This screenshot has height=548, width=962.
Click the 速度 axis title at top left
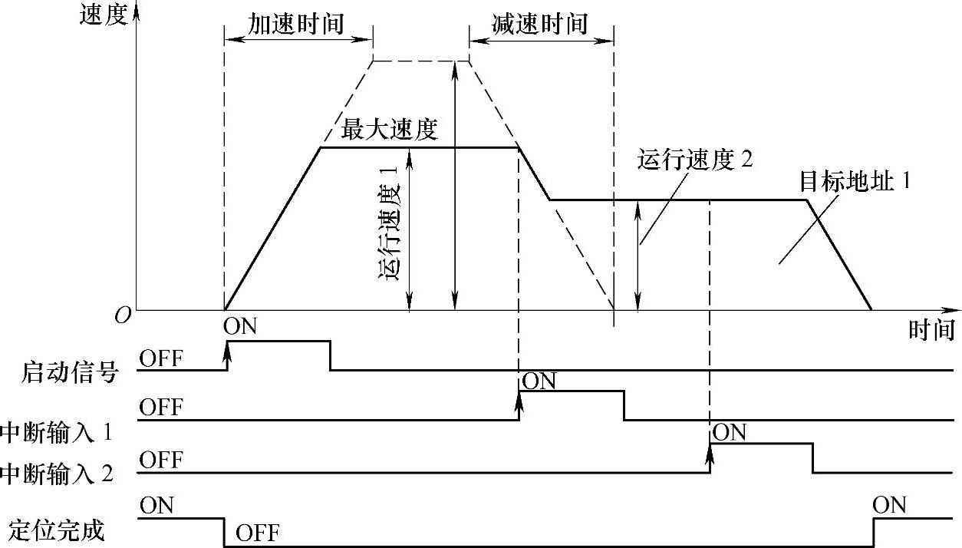pos(102,16)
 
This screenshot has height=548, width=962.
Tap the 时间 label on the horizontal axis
pos(932,329)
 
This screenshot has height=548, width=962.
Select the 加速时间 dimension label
pos(295,24)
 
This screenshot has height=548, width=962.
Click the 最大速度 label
pos(389,130)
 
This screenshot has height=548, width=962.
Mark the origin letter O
pos(122,315)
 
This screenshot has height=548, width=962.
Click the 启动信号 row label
pos(70,373)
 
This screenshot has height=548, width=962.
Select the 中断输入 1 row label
pos(57,433)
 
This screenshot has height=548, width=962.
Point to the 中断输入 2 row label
pos(57,473)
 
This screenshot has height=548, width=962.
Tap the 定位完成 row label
pos(57,530)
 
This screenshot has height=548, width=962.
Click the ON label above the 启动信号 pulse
pos(240,326)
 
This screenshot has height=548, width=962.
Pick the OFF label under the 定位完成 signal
pos(258,532)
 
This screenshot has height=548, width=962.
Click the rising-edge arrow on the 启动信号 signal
pos(227,354)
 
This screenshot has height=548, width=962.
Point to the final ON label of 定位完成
pos(889,505)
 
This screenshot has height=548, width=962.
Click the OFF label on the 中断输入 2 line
pos(161,460)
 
